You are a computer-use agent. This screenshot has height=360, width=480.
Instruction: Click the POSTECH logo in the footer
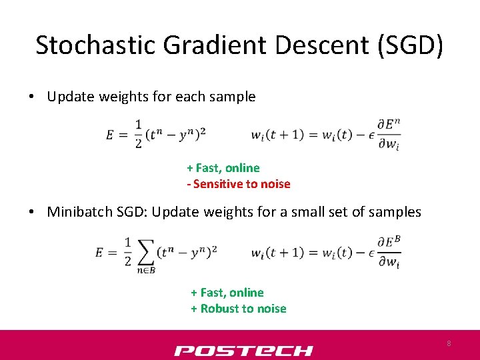tap(243, 350)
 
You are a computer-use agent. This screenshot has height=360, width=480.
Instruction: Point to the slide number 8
tap(449, 343)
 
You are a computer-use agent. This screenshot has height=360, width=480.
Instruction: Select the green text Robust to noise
tap(243, 309)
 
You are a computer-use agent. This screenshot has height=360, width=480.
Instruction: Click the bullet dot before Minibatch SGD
tap(32, 213)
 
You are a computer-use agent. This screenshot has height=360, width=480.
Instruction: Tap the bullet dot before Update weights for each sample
tap(32, 97)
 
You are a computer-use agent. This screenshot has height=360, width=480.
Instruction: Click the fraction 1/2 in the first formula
tap(139, 134)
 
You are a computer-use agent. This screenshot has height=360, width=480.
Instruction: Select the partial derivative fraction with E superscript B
tap(389, 252)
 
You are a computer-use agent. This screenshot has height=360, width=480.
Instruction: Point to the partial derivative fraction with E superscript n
tap(389, 134)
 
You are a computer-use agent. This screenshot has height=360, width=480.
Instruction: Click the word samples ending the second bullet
tap(396, 212)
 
